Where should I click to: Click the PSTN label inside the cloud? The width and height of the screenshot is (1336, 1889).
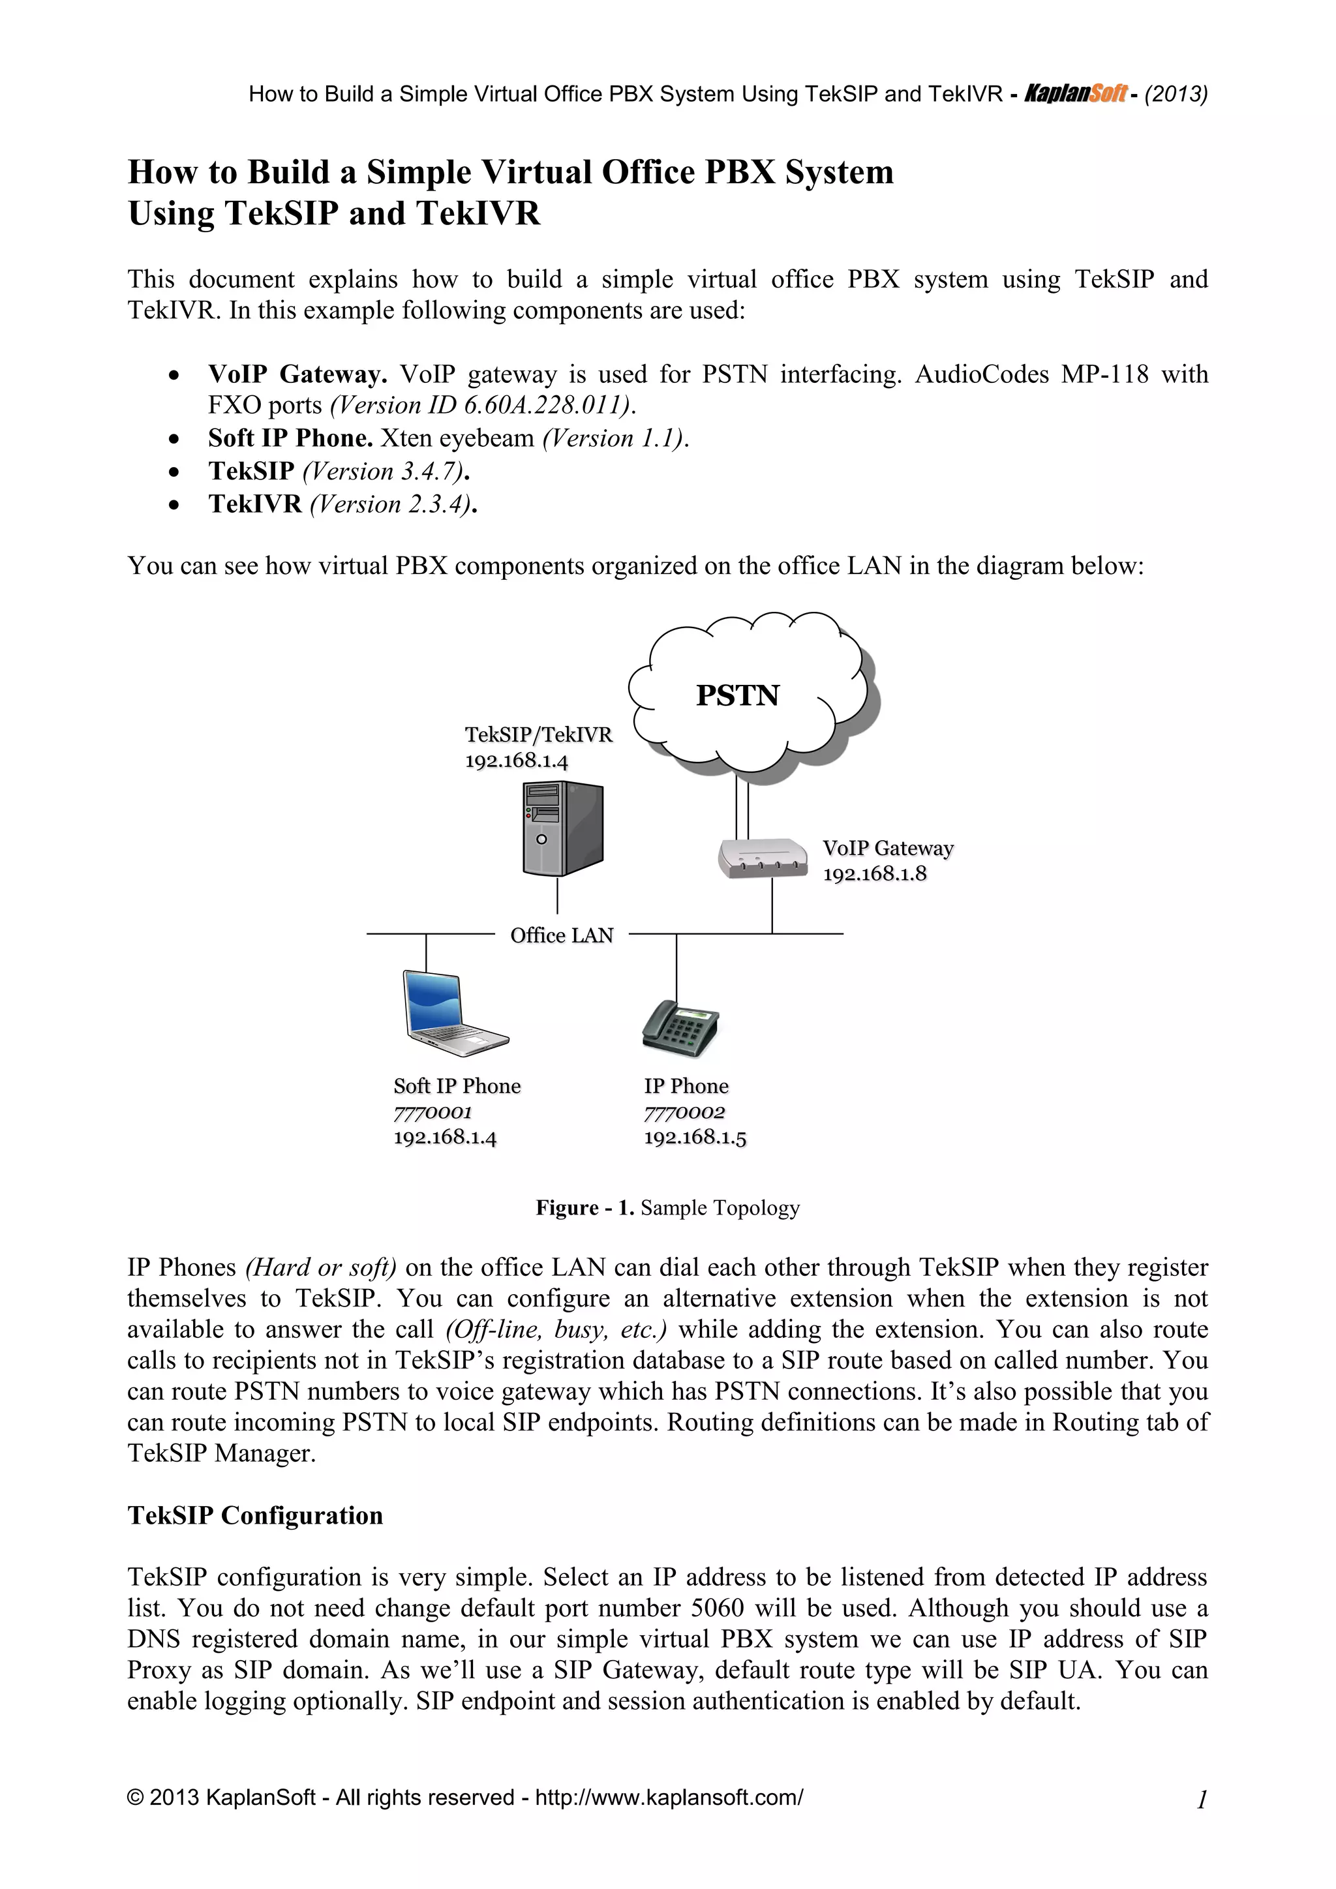pos(737,696)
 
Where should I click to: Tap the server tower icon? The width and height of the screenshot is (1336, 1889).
pos(563,828)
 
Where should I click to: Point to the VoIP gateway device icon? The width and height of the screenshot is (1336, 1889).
pos(763,859)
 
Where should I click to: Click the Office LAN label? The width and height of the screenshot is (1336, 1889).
pos(562,935)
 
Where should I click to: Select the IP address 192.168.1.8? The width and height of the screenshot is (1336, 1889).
pos(875,874)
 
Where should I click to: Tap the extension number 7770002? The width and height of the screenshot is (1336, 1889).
pos(684,1112)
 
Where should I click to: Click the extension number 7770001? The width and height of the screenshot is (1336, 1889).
pos(433,1112)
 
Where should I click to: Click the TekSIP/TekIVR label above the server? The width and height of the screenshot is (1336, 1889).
pos(539,734)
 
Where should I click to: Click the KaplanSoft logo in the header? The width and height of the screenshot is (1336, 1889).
pos(1075,94)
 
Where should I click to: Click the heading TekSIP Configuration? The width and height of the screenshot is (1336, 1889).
pos(255,1515)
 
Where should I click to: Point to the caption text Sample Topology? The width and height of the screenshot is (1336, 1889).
pos(720,1208)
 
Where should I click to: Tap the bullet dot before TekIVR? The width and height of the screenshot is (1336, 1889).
pos(173,504)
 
